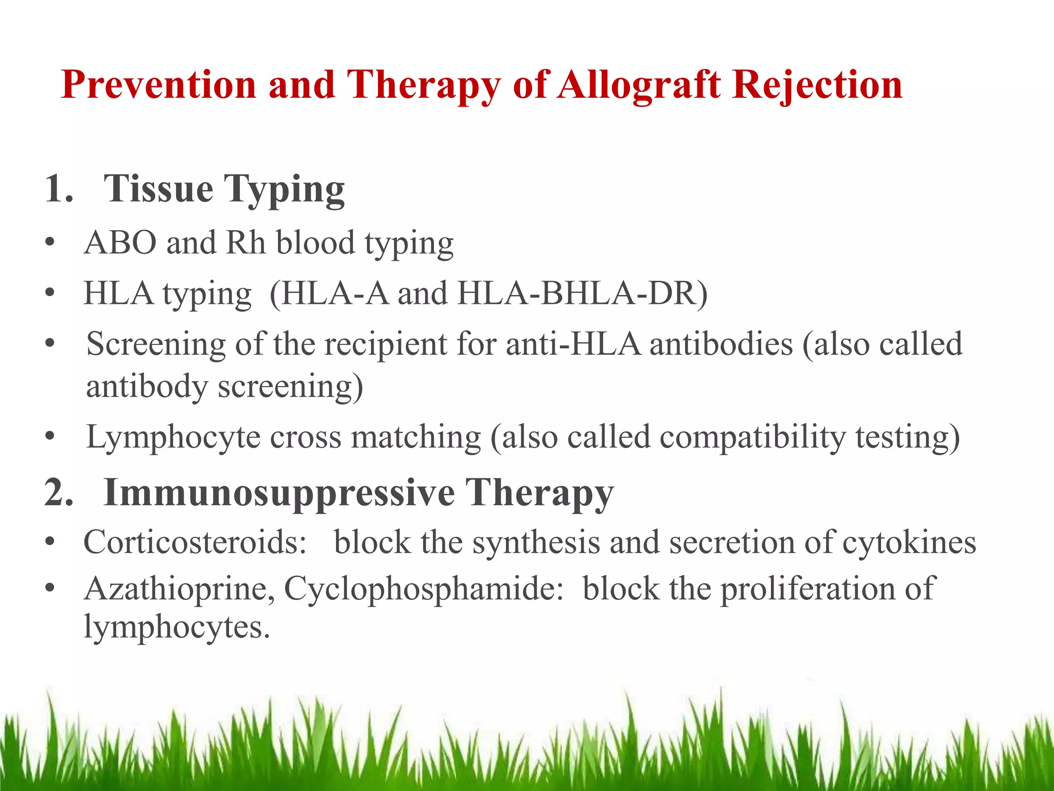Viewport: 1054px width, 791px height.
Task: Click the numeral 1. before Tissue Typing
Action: (59, 189)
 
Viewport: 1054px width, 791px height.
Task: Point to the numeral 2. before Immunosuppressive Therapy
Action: (59, 493)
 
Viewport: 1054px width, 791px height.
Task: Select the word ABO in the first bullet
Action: (120, 243)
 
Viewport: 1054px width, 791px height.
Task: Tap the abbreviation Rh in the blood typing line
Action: (245, 243)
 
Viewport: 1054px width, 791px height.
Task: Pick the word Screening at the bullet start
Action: (156, 345)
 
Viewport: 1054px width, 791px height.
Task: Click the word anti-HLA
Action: (573, 344)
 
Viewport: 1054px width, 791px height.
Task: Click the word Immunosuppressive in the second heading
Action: (279, 493)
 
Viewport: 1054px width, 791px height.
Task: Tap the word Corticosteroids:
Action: (196, 542)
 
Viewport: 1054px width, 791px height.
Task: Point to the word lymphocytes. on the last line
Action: (177, 628)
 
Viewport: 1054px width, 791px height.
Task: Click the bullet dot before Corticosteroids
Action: (49, 542)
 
